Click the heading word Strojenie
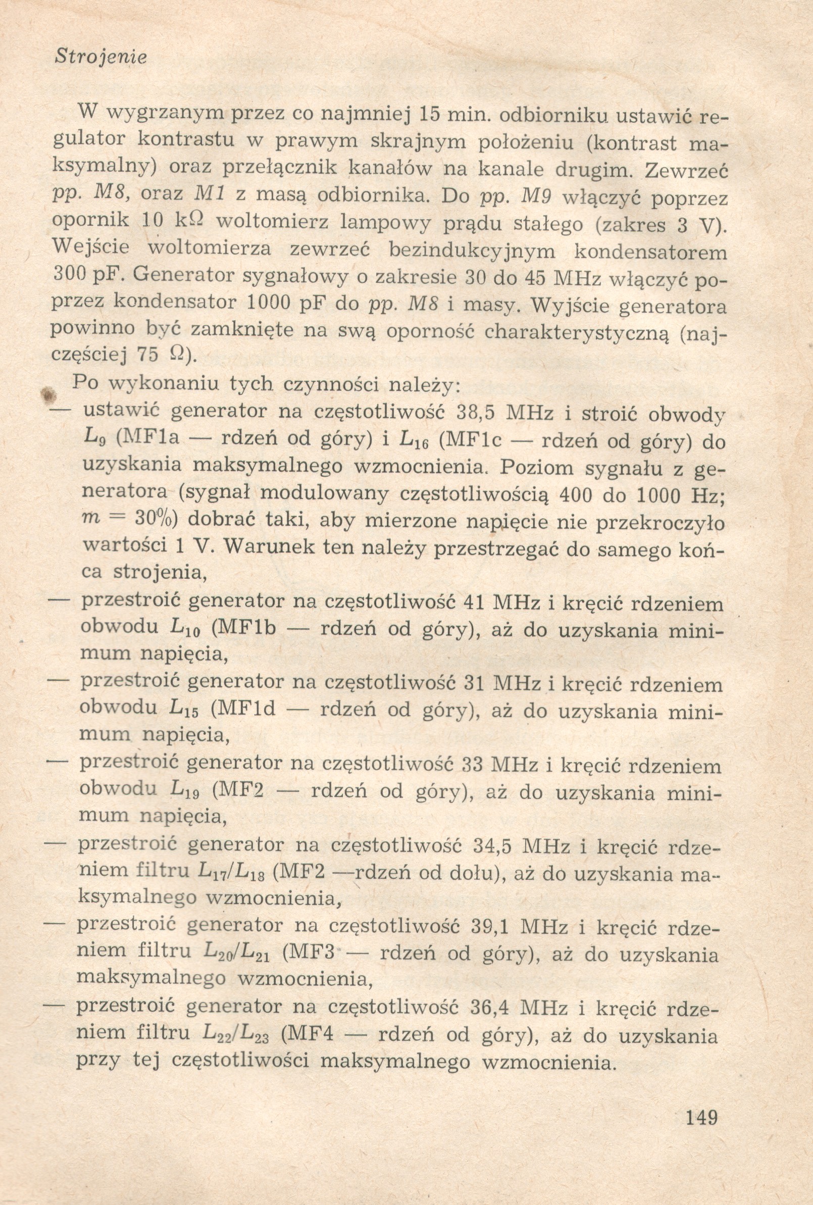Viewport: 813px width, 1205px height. point(100,57)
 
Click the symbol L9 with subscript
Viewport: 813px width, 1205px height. point(95,440)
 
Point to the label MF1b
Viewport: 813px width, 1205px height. point(243,629)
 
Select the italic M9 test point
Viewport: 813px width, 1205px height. point(536,197)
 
